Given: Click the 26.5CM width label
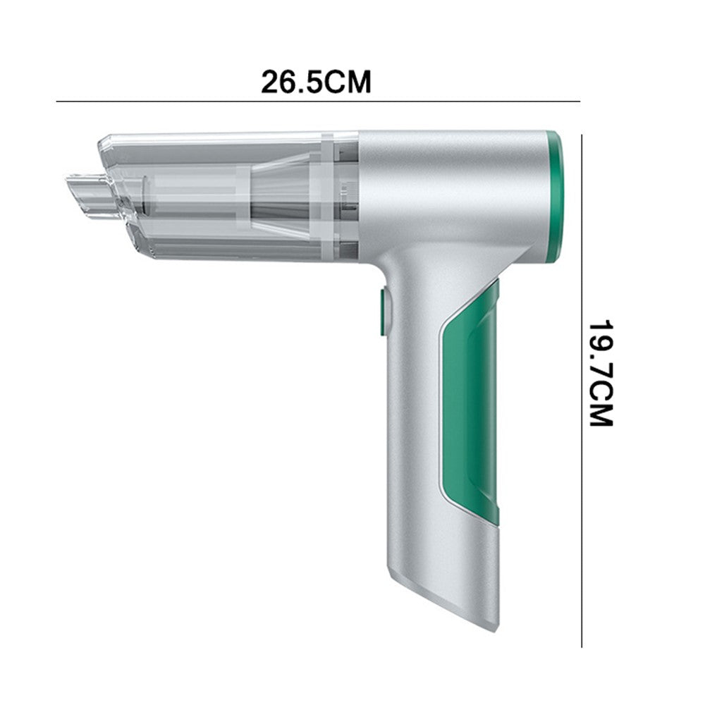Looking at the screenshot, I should (x=316, y=82).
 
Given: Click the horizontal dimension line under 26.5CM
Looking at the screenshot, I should (x=317, y=102).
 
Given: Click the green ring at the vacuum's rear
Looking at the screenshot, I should (x=554, y=194).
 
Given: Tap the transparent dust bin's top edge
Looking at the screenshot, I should (x=226, y=136).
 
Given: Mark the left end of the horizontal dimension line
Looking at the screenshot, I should (x=58, y=102).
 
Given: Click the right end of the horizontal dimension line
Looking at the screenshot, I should (x=578, y=102).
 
